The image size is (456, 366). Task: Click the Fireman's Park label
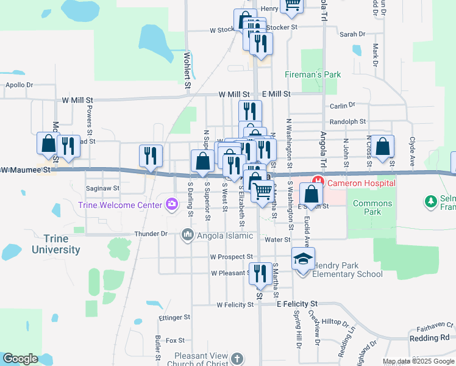tap(313, 74)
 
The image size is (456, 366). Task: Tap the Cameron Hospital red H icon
tap(318, 182)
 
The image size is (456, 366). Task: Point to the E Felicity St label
tap(297, 303)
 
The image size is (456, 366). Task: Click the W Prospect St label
tap(231, 257)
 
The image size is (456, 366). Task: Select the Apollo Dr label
tap(19, 85)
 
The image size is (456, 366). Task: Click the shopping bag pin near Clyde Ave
tap(383, 147)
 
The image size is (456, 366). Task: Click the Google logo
tap(20, 359)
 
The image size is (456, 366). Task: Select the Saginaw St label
tap(103, 188)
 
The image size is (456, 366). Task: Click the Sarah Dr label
tap(352, 35)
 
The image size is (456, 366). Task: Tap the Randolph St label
tap(348, 122)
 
